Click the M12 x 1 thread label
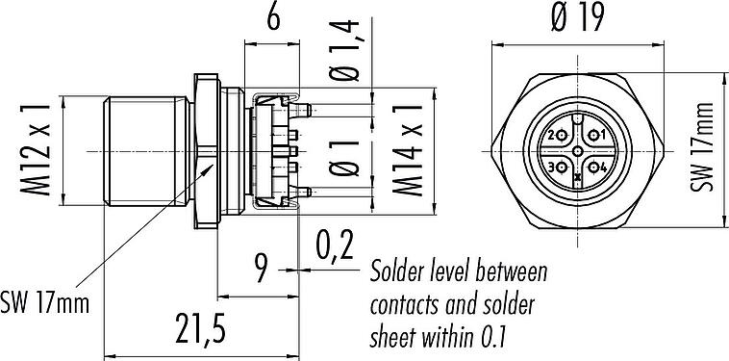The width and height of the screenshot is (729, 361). [x=35, y=150]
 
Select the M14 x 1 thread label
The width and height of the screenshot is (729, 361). [x=408, y=150]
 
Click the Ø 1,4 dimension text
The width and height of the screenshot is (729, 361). [x=344, y=51]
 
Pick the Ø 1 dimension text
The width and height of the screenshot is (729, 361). [x=344, y=158]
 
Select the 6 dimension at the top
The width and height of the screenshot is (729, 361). [x=273, y=18]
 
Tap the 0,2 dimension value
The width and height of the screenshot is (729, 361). [x=335, y=245]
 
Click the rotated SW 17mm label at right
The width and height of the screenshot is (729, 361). [x=701, y=147]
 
